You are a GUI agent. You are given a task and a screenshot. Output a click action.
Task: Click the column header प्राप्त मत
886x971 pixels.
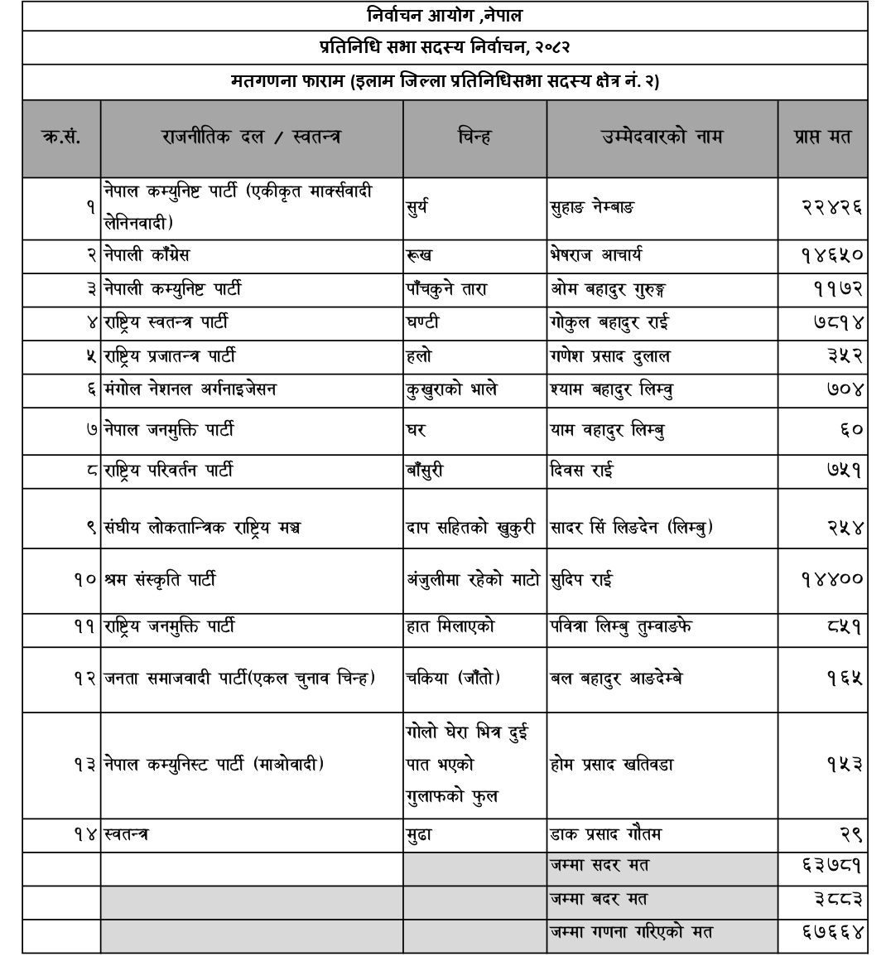tap(822, 138)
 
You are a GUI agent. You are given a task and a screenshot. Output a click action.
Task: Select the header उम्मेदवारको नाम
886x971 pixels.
tap(662, 138)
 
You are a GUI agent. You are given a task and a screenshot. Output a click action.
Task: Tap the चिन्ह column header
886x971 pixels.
tap(474, 138)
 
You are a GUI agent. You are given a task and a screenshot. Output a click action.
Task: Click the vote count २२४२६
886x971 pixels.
tap(832, 207)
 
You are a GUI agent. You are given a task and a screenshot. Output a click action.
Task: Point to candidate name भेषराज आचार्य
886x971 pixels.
tap(596, 255)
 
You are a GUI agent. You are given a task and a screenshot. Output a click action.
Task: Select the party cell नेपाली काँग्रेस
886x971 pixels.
tap(147, 255)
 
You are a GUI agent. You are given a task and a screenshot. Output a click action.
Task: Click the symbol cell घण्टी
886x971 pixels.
tap(422, 322)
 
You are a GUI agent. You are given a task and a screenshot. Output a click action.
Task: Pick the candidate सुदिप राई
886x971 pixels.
tap(581, 579)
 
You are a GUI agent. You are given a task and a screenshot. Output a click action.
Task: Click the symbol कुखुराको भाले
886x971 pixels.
tap(451, 389)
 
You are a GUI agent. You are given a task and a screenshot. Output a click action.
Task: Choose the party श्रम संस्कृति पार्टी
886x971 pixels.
tap(160, 579)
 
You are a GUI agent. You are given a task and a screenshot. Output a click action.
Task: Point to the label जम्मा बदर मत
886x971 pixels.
tap(599, 899)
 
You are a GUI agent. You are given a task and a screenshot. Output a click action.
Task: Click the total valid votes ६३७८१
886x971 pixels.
tap(832, 866)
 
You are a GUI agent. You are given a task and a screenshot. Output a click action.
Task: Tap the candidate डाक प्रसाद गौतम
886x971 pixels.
tap(605, 833)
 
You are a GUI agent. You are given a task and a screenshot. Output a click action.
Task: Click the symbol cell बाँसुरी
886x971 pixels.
tap(425, 471)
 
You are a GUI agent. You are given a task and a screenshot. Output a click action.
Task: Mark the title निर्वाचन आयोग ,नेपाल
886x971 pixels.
tap(445, 16)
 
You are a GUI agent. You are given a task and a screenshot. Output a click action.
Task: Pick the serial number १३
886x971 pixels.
tap(86, 764)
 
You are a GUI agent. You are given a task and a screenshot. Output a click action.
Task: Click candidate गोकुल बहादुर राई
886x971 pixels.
tap(609, 322)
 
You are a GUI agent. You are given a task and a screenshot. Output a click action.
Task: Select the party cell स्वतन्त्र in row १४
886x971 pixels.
tap(126, 833)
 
